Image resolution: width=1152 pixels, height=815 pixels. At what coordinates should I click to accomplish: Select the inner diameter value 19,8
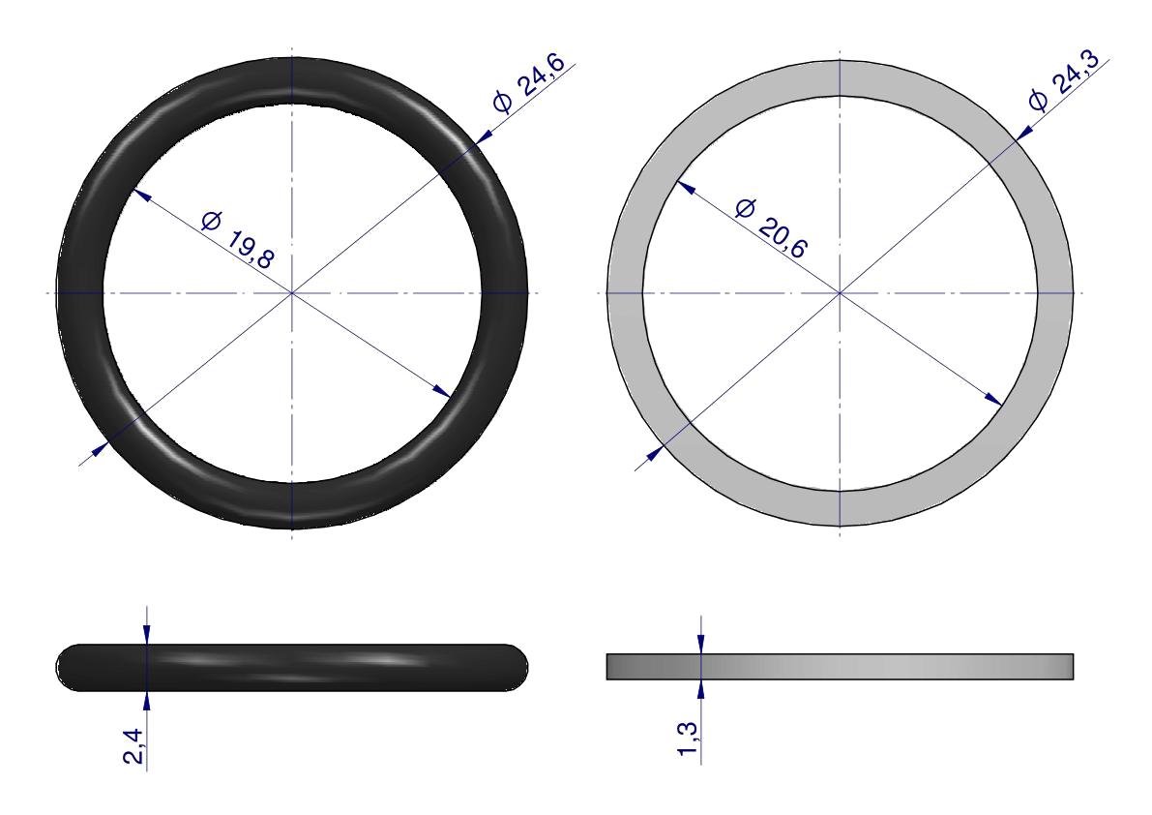[x=249, y=249]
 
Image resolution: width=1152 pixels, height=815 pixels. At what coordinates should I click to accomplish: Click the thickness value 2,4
[x=134, y=746]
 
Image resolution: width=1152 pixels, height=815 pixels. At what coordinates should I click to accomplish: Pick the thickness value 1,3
[x=689, y=740]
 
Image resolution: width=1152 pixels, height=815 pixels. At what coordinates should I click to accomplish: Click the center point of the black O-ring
[x=292, y=293]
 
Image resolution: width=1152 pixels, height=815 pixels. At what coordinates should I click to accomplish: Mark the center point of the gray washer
[x=840, y=293]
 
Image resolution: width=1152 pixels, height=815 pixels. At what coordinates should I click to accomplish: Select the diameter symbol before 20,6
[x=744, y=209]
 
